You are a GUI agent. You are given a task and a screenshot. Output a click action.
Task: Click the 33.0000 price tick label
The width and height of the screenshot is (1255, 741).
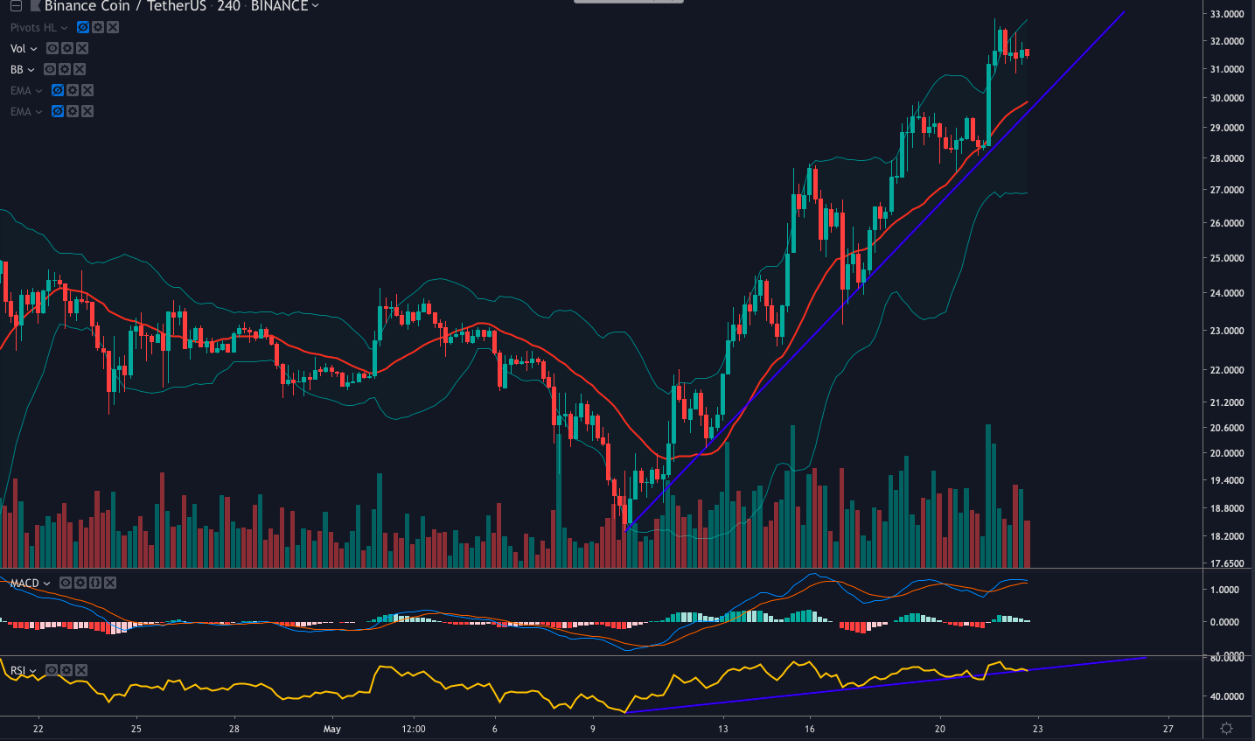[1227, 14]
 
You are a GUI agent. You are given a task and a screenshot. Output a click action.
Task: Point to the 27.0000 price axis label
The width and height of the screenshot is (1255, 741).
[1227, 190]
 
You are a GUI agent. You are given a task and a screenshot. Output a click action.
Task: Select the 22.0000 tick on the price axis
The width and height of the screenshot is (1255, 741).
[1227, 370]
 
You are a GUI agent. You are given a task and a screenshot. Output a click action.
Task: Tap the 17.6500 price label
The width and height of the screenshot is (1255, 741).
[1227, 563]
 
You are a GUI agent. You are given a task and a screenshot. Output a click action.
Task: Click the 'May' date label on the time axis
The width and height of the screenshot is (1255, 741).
[331, 729]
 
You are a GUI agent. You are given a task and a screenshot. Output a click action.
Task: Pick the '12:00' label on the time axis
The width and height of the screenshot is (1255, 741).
[414, 729]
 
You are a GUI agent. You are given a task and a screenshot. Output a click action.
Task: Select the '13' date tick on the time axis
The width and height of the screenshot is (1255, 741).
[722, 729]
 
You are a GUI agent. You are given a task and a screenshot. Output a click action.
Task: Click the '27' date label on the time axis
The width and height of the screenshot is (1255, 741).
[1168, 729]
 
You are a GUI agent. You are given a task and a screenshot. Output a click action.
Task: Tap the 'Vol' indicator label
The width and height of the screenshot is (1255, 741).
[18, 49]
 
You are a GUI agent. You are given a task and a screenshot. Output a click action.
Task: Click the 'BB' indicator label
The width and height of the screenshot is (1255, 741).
[17, 70]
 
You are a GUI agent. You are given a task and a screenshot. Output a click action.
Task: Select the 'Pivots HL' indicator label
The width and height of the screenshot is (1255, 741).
[33, 28]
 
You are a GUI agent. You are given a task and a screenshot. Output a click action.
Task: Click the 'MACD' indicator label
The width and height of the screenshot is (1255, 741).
[24, 584]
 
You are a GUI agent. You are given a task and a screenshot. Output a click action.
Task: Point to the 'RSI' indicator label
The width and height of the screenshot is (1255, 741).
[17, 671]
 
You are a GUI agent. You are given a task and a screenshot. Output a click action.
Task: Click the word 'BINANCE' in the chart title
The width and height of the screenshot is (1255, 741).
[279, 6]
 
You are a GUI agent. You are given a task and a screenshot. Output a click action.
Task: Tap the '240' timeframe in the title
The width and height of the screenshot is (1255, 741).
[228, 6]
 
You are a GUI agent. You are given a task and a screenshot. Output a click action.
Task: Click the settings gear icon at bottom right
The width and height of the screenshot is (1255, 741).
[1227, 729]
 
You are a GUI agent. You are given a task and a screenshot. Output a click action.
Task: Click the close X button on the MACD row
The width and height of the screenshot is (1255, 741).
[110, 584]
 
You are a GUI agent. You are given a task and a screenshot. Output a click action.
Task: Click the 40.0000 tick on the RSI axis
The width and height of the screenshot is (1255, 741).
[1227, 696]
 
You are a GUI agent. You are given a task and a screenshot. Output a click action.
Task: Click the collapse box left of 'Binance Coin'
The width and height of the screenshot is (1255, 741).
[15, 6]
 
